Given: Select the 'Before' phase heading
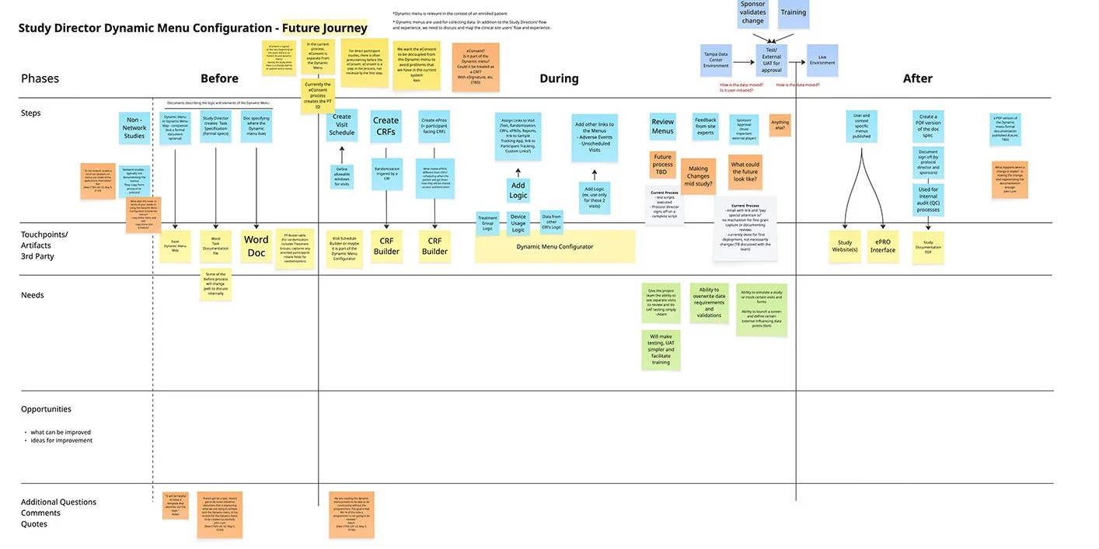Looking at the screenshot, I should (x=219, y=78).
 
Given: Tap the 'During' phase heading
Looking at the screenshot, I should (x=559, y=78).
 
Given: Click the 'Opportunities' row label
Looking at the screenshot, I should (x=46, y=409).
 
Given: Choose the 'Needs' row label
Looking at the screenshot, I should (x=33, y=295).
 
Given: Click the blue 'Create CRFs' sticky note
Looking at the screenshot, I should (x=386, y=127).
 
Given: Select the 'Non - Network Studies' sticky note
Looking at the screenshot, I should (x=134, y=128).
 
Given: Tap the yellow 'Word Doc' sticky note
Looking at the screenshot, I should (x=256, y=246).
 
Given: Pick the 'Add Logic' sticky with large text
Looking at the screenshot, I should (x=518, y=190).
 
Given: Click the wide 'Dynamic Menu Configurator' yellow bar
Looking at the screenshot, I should (x=555, y=247).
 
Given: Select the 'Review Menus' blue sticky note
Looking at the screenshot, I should (x=663, y=127).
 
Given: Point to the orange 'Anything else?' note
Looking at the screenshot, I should (x=780, y=125).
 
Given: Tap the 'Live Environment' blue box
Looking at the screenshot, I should (x=822, y=60).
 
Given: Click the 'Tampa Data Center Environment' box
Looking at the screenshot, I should (x=716, y=60).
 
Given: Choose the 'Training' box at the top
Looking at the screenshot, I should (x=794, y=12).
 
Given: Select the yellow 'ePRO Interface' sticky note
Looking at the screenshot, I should (x=883, y=246).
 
